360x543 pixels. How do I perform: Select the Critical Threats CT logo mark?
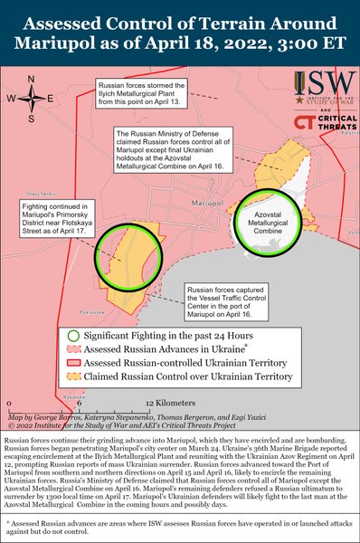point(302,121)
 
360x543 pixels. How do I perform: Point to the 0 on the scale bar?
point(8,401)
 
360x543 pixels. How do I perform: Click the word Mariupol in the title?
point(94,43)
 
